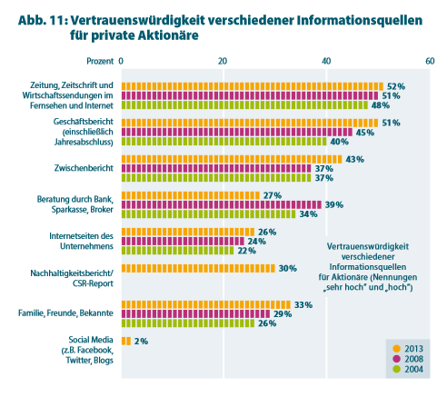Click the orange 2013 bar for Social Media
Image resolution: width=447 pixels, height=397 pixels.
click(x=126, y=341)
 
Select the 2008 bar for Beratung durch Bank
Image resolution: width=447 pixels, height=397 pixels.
click(x=222, y=204)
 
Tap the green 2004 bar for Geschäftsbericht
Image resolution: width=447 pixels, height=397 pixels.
click(x=224, y=142)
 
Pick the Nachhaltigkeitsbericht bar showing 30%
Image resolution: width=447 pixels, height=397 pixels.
click(x=198, y=268)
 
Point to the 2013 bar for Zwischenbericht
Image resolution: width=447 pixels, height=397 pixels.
click(x=232, y=159)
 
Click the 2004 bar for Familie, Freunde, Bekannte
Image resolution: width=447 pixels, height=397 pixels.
click(x=188, y=323)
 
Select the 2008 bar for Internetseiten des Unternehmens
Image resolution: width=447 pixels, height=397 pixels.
click(x=183, y=241)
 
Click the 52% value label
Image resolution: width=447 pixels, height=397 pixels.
click(x=396, y=86)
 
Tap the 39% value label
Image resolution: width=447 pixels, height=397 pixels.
click(x=334, y=205)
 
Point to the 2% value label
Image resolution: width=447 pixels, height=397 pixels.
click(x=141, y=342)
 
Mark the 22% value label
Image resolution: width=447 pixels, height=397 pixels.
click(x=246, y=251)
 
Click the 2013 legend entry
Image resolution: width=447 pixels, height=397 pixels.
click(x=408, y=349)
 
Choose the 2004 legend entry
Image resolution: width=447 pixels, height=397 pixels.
click(x=408, y=369)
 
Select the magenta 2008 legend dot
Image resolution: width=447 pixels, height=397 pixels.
click(x=396, y=359)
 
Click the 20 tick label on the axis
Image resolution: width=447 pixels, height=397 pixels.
click(x=223, y=61)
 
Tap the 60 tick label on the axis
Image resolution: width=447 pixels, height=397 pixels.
click(x=430, y=61)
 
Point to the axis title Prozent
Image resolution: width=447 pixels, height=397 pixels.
click(x=100, y=61)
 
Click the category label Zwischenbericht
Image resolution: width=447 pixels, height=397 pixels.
click(x=84, y=168)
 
